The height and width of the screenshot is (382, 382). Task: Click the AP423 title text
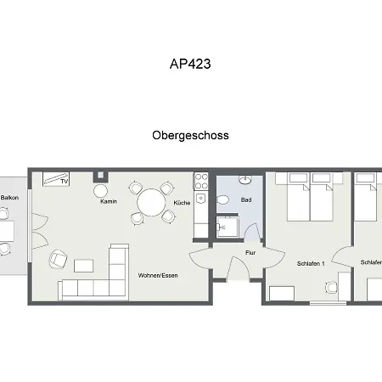pos(190,64)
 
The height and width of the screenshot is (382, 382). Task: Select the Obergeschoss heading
pos(190,135)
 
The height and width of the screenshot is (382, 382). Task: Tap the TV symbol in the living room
pos(56,178)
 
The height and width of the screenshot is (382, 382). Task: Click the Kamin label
pos(109,201)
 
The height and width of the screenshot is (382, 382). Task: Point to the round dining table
pos(151,202)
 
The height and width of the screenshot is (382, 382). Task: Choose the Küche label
pos(182,203)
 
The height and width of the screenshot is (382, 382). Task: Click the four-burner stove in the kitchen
pos(201,182)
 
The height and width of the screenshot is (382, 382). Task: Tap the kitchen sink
pos(201,198)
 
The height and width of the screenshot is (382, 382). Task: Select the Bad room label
pos(246,199)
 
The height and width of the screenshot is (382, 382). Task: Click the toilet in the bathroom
pos(222,199)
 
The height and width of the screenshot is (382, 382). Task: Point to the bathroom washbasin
pos(245,179)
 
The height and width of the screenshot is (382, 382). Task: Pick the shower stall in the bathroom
pos(228,228)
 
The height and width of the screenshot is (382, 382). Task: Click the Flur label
pos(250,253)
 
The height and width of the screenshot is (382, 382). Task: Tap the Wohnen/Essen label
pos(158,275)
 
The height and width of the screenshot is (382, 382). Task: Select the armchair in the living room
pos(59,259)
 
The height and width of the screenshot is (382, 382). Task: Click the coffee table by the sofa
pos(83,266)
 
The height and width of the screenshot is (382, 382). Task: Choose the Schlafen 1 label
pos(311,263)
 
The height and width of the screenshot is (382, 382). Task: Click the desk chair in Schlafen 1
pos(331,288)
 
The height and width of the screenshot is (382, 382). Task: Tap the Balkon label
pos(9,198)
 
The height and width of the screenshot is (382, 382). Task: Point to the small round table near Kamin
pos(101,191)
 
